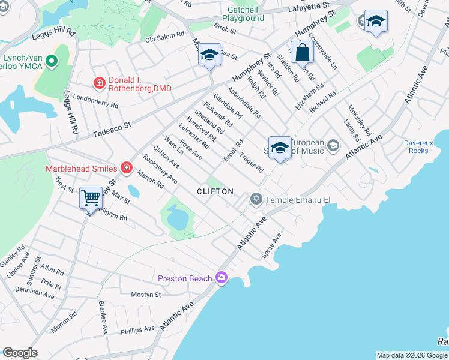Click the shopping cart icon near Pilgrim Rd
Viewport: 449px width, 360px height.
[x=91, y=197]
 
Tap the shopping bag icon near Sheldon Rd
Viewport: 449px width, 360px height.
[x=302, y=53]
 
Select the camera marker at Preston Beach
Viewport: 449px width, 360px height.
[x=222, y=277]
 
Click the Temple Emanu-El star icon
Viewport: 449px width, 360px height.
[x=256, y=199]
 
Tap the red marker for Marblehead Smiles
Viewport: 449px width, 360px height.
[x=126, y=168]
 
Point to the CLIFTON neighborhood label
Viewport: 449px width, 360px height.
[x=215, y=191]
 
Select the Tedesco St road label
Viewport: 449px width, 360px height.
[x=110, y=128]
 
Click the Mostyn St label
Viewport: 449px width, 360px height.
[x=146, y=295]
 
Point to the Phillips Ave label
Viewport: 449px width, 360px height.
[x=137, y=329]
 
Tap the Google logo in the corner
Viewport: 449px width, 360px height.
[x=19, y=353]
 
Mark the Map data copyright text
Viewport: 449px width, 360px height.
[x=412, y=355]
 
